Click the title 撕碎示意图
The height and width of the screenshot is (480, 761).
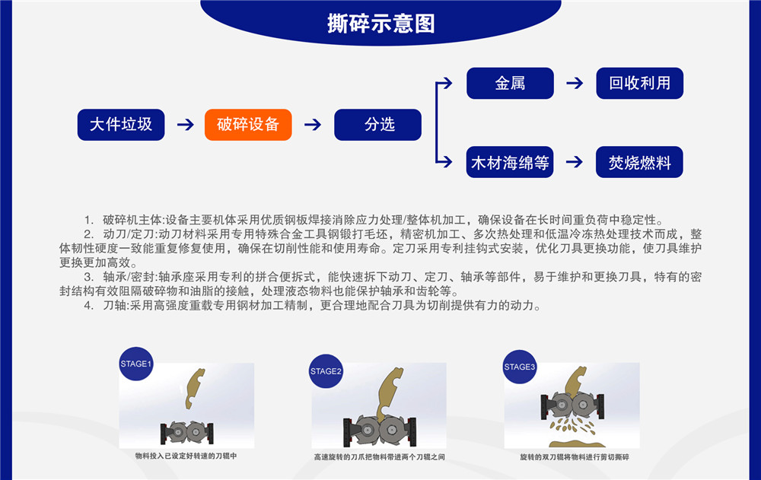point(380,24)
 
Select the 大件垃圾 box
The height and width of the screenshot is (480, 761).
point(121,125)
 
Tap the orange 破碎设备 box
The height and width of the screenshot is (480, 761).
point(248,125)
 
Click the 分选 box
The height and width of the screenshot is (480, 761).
point(377,125)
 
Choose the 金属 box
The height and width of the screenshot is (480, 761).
point(510,83)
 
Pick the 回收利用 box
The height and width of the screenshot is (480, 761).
point(639,83)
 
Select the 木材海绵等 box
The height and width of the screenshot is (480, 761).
point(510,162)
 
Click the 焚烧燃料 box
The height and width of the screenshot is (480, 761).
point(639,162)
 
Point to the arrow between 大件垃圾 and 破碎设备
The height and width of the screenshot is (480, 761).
point(185,125)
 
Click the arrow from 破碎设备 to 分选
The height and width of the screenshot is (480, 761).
point(313,125)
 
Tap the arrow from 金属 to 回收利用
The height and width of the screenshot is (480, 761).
point(575,83)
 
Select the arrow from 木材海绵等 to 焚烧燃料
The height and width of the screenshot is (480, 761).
point(575,162)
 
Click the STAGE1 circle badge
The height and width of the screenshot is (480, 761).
point(136,364)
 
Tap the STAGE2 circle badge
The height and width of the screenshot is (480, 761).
point(326,371)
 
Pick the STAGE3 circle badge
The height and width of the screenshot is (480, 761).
point(520,367)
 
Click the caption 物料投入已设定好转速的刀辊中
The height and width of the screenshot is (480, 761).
point(186,456)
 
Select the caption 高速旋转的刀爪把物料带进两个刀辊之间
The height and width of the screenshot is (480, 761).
point(379,457)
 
